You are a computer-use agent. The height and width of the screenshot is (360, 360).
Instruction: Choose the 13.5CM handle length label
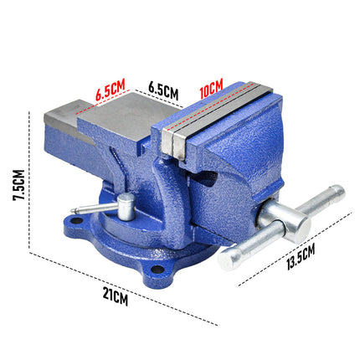coord(298,254)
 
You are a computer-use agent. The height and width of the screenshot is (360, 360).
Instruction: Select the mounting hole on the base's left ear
coord(73,223)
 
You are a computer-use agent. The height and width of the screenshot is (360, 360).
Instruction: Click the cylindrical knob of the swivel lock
coord(126,205)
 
